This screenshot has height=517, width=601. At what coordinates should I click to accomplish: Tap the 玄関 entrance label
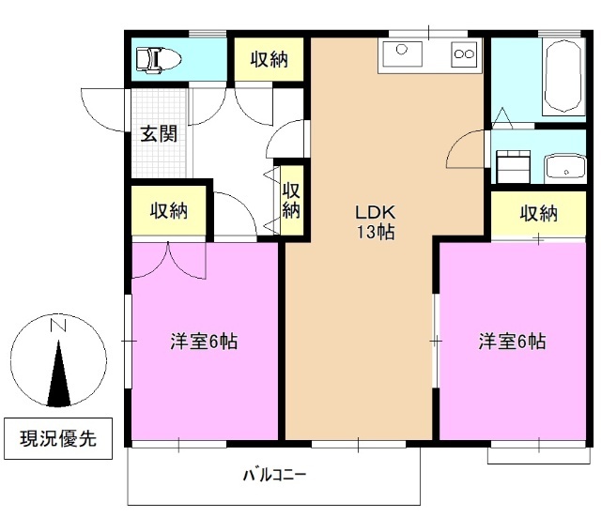coord(159,133)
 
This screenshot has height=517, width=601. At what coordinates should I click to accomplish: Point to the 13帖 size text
coord(373,233)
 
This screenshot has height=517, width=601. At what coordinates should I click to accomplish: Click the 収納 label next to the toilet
coord(269,60)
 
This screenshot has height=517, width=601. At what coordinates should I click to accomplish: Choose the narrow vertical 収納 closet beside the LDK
coord(291,198)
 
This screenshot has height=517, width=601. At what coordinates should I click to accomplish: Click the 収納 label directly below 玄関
coord(169,210)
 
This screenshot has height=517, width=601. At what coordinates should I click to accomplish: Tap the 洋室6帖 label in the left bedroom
coord(203,342)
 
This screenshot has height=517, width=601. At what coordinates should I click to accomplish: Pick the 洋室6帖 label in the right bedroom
coord(512,342)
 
